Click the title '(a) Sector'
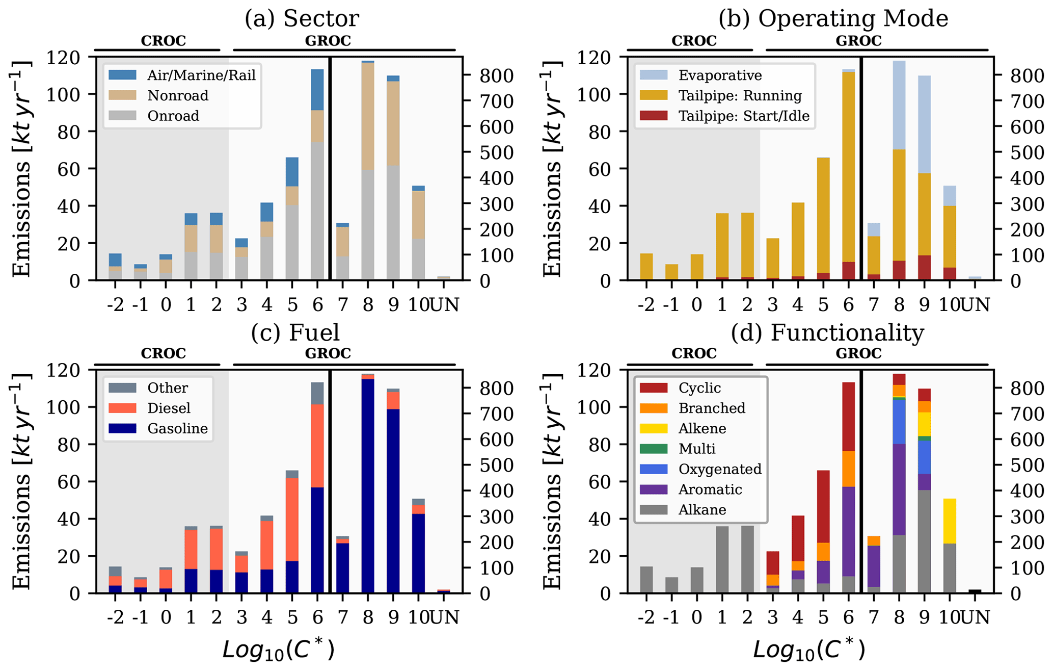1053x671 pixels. pyautogui.click(x=302, y=19)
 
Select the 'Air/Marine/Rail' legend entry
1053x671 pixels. pyautogui.click(x=201, y=75)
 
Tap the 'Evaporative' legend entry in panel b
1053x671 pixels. pyautogui.click(x=720, y=75)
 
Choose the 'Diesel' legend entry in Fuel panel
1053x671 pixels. pyautogui.click(x=169, y=408)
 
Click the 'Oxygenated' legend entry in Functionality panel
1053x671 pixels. pyautogui.click(x=720, y=469)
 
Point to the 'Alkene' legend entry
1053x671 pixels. pyautogui.click(x=702, y=428)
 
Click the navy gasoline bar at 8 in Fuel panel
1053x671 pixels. pyautogui.click(x=368, y=484)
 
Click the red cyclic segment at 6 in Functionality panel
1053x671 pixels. pyautogui.click(x=848, y=416)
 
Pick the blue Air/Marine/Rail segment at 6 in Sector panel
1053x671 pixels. pyautogui.click(x=317, y=89)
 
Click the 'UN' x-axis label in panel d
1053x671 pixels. pyautogui.click(x=975, y=617)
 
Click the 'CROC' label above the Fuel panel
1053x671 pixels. pyautogui.click(x=163, y=353)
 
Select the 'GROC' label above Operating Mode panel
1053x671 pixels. pyautogui.click(x=858, y=41)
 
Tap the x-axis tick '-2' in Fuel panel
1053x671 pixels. pyautogui.click(x=115, y=617)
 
